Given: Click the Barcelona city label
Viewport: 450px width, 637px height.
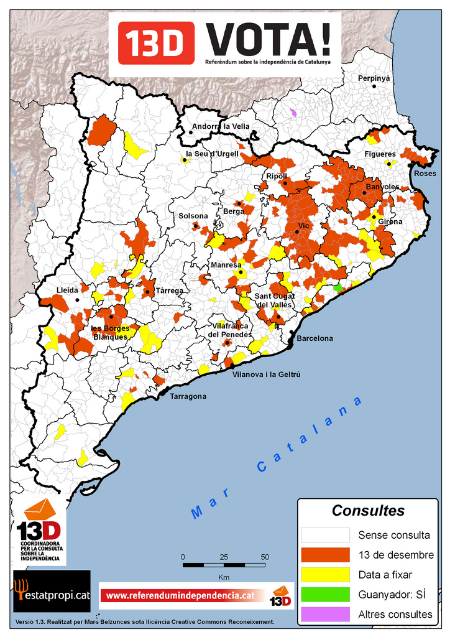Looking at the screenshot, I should [x=315, y=338].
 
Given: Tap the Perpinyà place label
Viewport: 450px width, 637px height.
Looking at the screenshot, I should [x=374, y=78].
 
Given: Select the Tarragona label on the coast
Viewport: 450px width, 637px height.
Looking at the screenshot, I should [x=188, y=396].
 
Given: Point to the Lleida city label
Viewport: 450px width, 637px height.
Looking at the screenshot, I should [x=67, y=290].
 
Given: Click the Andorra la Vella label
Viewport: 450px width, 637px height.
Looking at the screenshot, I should [x=221, y=126].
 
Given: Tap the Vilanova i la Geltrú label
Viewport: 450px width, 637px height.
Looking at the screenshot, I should [x=266, y=374].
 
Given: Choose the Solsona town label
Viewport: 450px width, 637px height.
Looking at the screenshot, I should [x=193, y=216].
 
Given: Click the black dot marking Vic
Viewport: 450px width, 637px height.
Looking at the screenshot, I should [x=297, y=231].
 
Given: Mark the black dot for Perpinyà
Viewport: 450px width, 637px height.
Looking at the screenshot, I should [x=374, y=86].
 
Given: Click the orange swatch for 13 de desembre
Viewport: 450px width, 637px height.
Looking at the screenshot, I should [x=325, y=555].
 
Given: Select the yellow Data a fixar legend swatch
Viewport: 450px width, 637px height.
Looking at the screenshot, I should [x=325, y=575].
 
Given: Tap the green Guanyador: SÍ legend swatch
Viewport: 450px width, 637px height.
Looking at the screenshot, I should [x=325, y=595].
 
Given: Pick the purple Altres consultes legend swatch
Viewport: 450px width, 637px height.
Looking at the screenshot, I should [x=325, y=615].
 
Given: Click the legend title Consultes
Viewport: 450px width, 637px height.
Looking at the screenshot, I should [x=368, y=511].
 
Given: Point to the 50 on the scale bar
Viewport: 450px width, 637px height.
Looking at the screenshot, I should [x=265, y=557].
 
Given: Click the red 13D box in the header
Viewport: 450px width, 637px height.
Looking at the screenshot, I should [x=156, y=42].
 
